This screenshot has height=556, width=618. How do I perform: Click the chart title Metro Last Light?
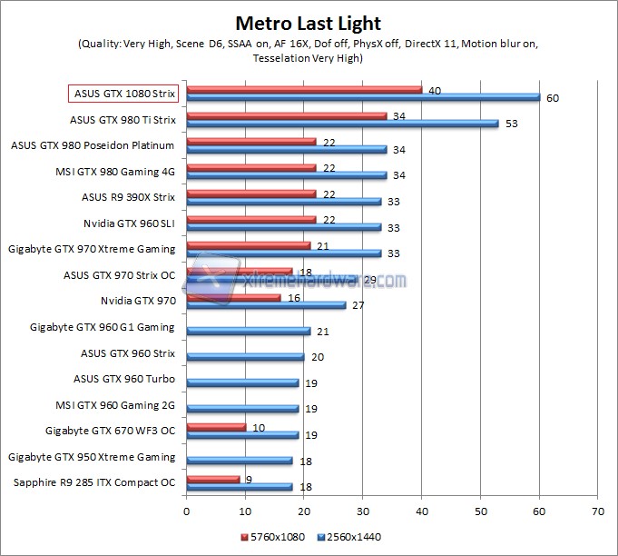(x=309, y=23)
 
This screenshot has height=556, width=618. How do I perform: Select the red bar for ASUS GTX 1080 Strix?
(x=304, y=89)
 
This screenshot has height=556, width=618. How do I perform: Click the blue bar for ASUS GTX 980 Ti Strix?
(x=342, y=123)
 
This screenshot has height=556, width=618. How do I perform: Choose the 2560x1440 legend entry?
(x=349, y=537)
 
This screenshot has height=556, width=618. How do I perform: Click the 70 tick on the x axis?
(x=597, y=511)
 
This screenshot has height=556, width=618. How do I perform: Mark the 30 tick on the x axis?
(x=363, y=511)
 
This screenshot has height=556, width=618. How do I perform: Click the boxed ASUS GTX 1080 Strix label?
(x=123, y=93)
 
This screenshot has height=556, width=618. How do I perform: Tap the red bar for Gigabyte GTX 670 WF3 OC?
(x=215, y=426)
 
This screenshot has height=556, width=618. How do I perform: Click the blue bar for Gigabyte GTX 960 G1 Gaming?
(x=248, y=331)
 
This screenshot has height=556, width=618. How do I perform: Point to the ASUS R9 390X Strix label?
(x=128, y=195)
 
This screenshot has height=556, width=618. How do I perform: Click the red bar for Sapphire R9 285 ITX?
(x=212, y=479)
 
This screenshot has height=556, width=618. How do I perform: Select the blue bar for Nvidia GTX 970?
(x=266, y=304)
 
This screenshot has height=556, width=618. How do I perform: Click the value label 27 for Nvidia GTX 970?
(x=358, y=305)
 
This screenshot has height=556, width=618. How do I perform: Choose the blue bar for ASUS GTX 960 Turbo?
(x=242, y=382)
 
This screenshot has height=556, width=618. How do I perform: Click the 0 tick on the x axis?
(x=186, y=511)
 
